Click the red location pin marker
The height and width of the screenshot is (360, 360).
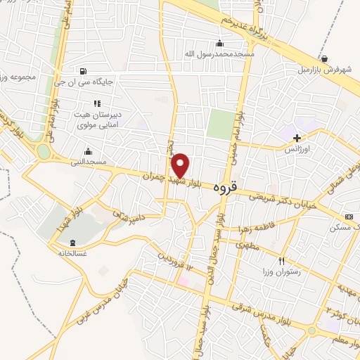tap(181, 165)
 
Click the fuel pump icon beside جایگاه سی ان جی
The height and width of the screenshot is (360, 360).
tap(84, 71)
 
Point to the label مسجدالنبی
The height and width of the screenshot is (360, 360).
tap(89, 162)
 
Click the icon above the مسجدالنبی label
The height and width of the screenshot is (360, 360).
tap(88, 150)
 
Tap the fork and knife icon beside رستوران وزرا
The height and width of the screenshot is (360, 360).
tap(282, 260)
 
